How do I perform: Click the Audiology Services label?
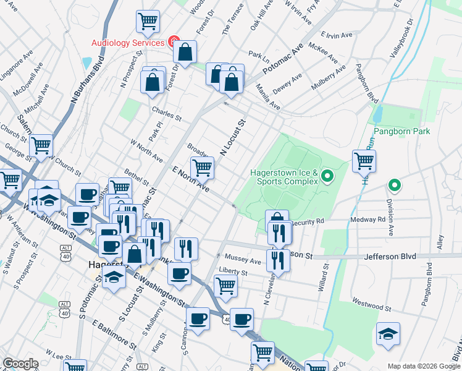coord(128,43)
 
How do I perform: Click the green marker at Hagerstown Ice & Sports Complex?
coord(329,178)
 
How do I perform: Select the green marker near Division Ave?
coord(393,185)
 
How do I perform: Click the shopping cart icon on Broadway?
coord(202,167)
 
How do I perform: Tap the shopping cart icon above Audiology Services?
coord(148,22)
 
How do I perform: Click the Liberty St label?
coord(233,271)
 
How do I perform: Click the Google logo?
coord(21,364)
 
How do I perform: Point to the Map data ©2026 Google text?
coord(423,365)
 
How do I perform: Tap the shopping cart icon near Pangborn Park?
coord(364,161)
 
